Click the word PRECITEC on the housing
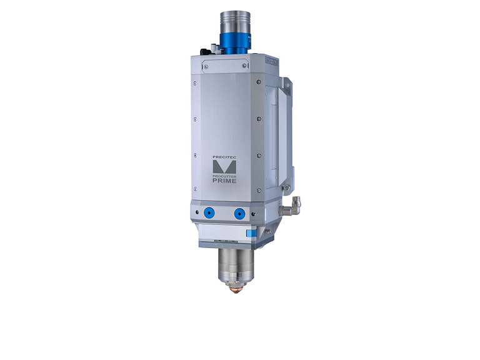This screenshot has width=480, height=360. pos(224,157)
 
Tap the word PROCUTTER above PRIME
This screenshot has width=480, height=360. pos(224,177)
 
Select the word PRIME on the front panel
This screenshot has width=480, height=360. pos(224,181)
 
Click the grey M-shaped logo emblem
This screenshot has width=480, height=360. pos(224,167)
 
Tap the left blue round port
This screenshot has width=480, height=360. pos(209,212)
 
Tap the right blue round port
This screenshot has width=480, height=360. pos(239,214)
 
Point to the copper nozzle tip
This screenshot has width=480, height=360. pos(235,289)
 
